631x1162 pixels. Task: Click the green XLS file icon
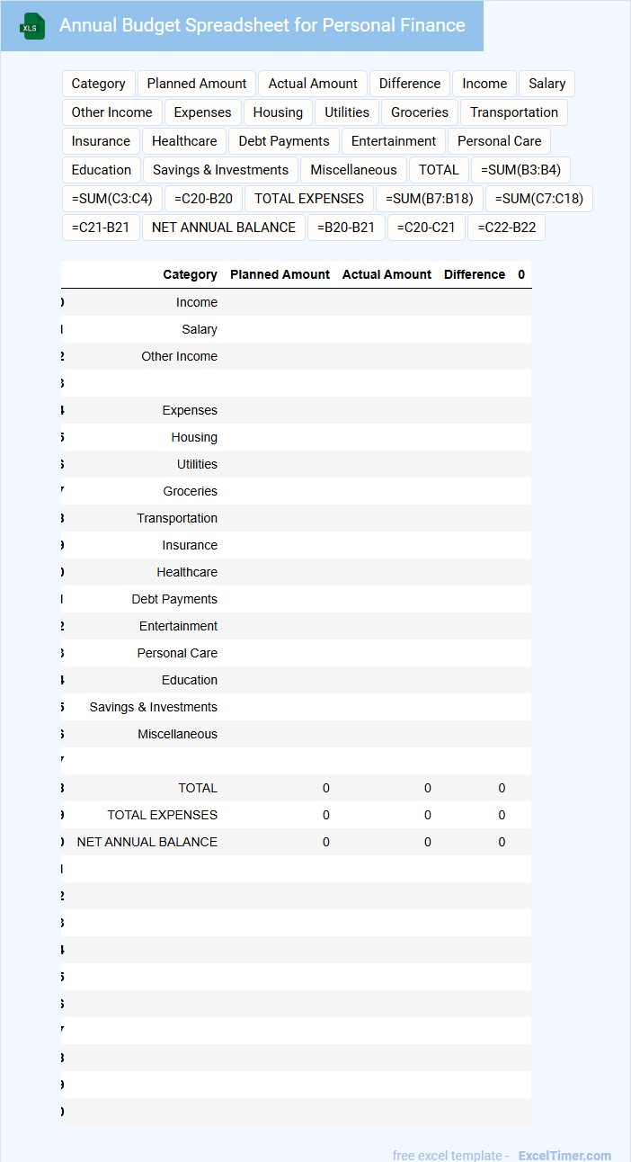tap(32, 26)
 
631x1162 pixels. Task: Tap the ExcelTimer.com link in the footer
tap(564, 1156)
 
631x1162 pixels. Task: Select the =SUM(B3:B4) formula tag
tap(520, 170)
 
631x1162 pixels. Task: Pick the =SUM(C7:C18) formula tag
tap(539, 199)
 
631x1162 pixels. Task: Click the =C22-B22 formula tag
tap(507, 228)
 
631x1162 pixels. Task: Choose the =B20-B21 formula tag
tap(346, 228)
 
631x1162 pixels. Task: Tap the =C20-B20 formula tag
tap(203, 199)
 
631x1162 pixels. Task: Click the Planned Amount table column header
tap(280, 274)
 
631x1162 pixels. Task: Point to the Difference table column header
tap(474, 274)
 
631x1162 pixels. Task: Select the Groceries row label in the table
tap(190, 491)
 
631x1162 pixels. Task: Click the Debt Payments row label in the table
tap(174, 599)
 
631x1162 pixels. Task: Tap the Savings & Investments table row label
tap(153, 707)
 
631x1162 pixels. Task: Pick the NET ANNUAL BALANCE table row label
tap(147, 842)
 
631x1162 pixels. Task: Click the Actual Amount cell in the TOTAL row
tap(427, 788)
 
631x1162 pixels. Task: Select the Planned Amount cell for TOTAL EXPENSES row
tap(325, 815)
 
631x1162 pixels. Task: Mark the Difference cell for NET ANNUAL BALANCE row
tap(502, 842)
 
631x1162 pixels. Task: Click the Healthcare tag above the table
tap(184, 141)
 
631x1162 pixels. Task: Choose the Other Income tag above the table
tap(111, 112)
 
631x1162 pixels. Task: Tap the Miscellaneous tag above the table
tap(353, 170)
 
